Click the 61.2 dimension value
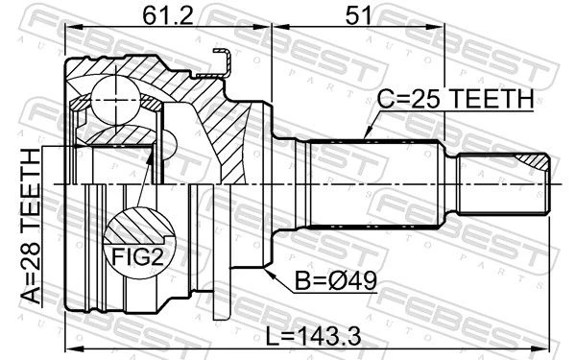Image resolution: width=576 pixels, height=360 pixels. (x=167, y=15)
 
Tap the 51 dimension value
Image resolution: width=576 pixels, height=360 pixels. (x=358, y=15)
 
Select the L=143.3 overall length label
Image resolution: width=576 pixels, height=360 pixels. (x=313, y=336)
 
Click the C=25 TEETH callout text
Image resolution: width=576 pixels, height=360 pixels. (x=455, y=99)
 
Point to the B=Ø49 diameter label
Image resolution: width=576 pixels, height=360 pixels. (x=336, y=281)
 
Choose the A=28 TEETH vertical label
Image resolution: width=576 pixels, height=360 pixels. (x=32, y=227)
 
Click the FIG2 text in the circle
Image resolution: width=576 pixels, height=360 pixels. (x=137, y=256)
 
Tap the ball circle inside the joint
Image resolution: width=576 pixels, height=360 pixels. (x=115, y=100)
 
